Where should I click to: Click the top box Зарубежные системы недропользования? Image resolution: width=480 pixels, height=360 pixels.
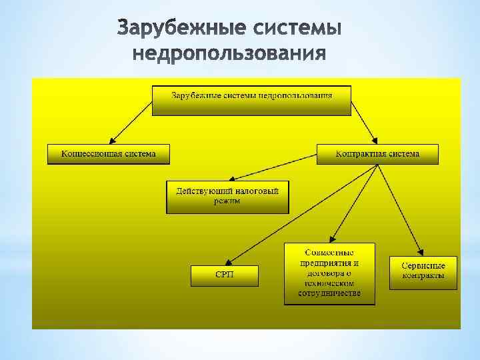coord(252,99)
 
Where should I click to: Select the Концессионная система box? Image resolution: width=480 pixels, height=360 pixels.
coord(109,154)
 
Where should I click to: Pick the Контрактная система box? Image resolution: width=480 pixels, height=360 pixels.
coord(377,154)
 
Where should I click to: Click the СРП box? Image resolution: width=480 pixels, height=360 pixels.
coord(223,275)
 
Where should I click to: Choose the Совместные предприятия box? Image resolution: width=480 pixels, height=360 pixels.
coord(329,273)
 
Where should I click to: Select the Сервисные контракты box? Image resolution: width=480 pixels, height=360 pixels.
coord(423,272)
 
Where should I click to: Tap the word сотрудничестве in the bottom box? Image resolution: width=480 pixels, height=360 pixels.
coord(330,293)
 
